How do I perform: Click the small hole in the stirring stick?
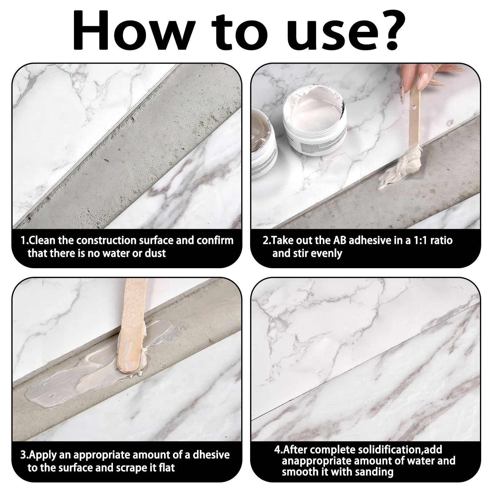pos(414,108)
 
